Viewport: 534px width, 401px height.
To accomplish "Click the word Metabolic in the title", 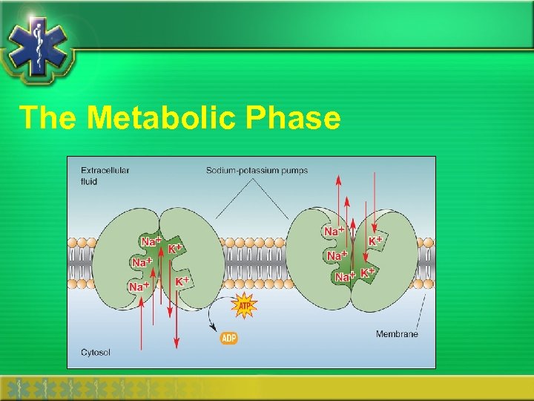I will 163,118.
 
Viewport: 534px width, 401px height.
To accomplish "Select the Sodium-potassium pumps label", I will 257,170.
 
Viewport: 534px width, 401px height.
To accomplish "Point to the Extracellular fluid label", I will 105,175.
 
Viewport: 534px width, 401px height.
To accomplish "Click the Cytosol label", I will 97,351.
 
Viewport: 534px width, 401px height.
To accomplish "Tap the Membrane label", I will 397,334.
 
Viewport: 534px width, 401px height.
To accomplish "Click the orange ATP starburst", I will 244,304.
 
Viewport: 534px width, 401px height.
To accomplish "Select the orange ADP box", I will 229,338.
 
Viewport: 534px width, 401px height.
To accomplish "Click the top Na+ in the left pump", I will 152,241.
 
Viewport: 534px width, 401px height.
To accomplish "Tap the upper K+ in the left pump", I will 176,249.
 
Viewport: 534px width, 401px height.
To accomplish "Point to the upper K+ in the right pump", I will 376,241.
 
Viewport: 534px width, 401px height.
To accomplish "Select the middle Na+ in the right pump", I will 337,255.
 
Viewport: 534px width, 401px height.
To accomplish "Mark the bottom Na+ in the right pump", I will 345,276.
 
